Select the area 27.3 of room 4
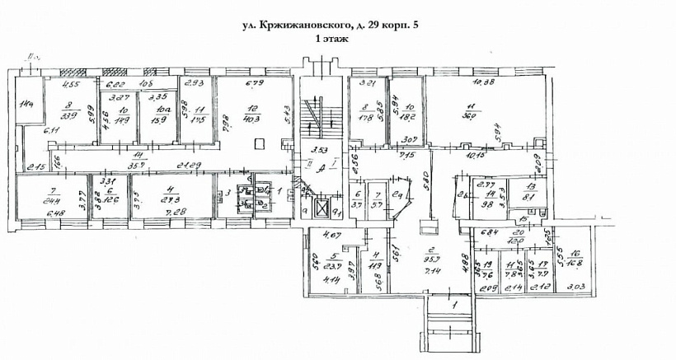tap(171, 199)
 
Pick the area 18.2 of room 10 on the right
tap(406, 116)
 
